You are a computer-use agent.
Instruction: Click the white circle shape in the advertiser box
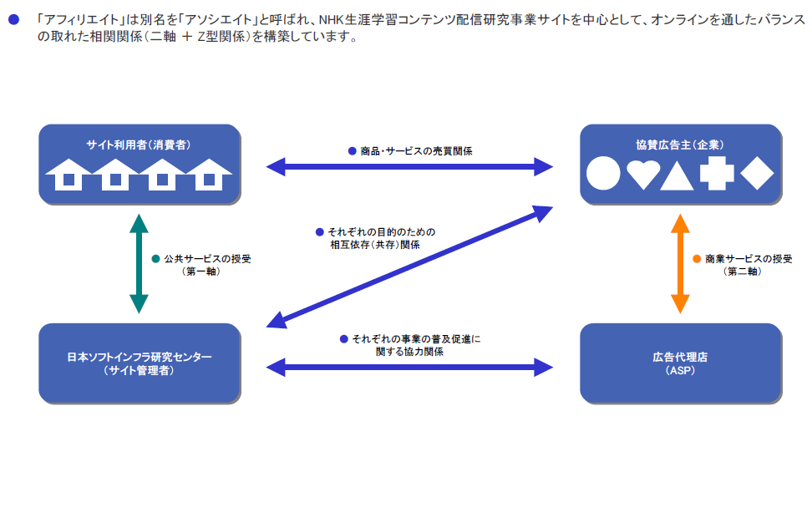[603, 174]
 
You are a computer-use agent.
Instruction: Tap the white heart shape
[643, 175]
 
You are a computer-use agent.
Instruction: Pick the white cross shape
[717, 173]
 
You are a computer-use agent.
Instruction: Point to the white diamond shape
[757, 173]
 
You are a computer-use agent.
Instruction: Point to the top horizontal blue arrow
[409, 167]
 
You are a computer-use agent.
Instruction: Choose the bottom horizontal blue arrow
[409, 366]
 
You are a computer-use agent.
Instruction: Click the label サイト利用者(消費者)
[139, 145]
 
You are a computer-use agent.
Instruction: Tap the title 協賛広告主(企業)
[680, 145]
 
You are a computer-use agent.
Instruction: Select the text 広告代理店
[680, 357]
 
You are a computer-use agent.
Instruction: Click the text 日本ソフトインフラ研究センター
[139, 357]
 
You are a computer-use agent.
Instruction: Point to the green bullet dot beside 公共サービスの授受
[155, 259]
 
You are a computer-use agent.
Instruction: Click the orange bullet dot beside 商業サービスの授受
[697, 259]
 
